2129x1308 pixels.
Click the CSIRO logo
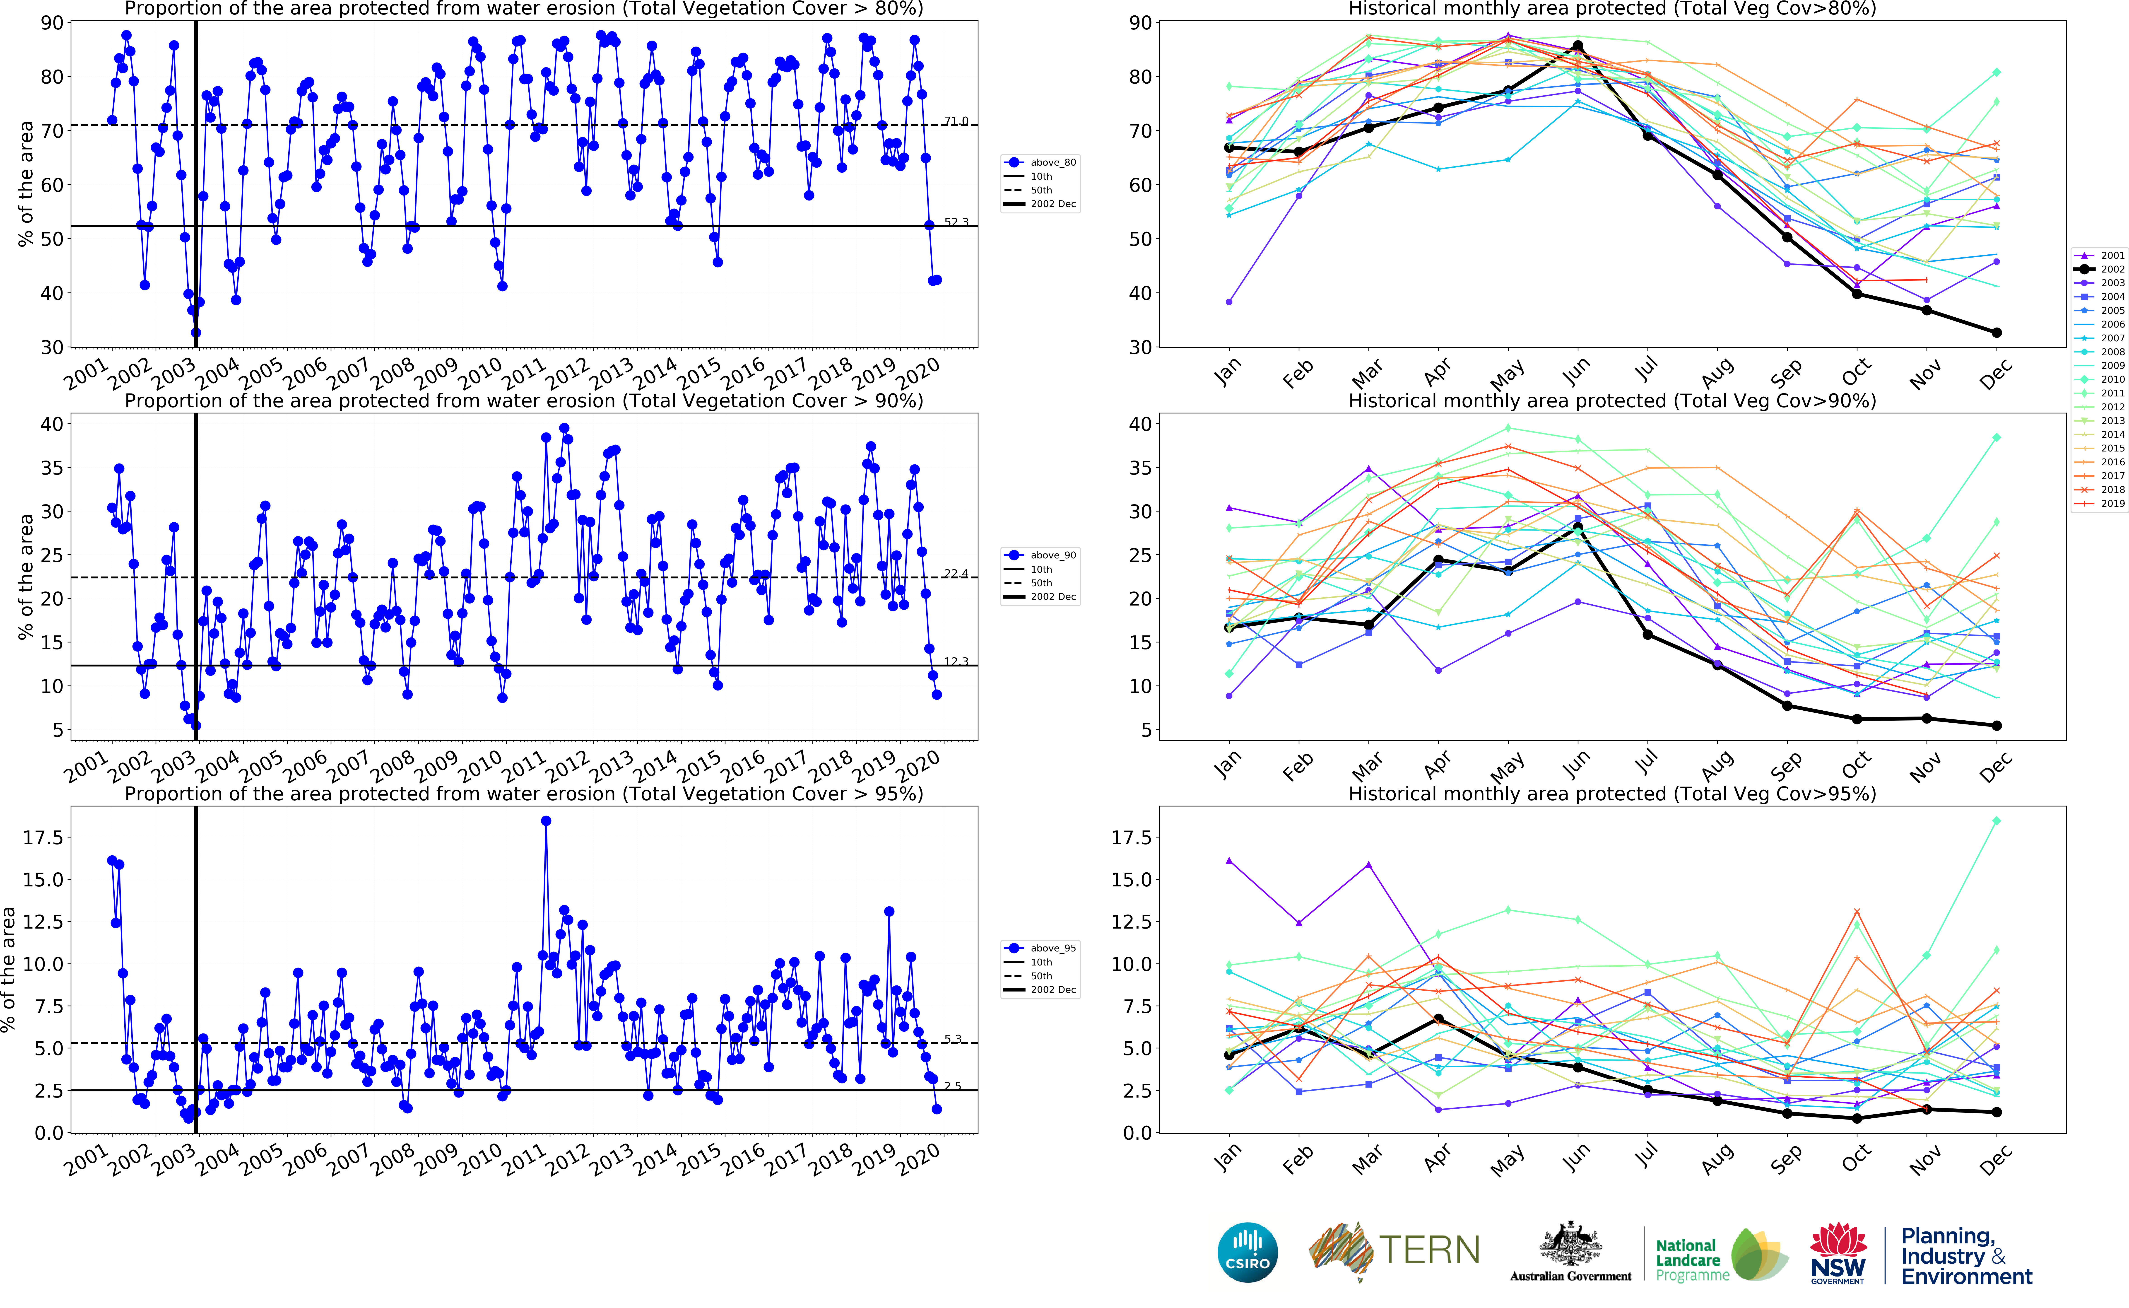[1247, 1252]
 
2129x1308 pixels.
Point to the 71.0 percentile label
[956, 121]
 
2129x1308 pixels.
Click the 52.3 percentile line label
[956, 222]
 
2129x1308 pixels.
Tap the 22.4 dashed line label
[956, 574]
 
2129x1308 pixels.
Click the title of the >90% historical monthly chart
[1612, 401]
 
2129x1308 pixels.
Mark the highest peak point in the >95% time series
[546, 821]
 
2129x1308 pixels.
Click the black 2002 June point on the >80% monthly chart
[1578, 46]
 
